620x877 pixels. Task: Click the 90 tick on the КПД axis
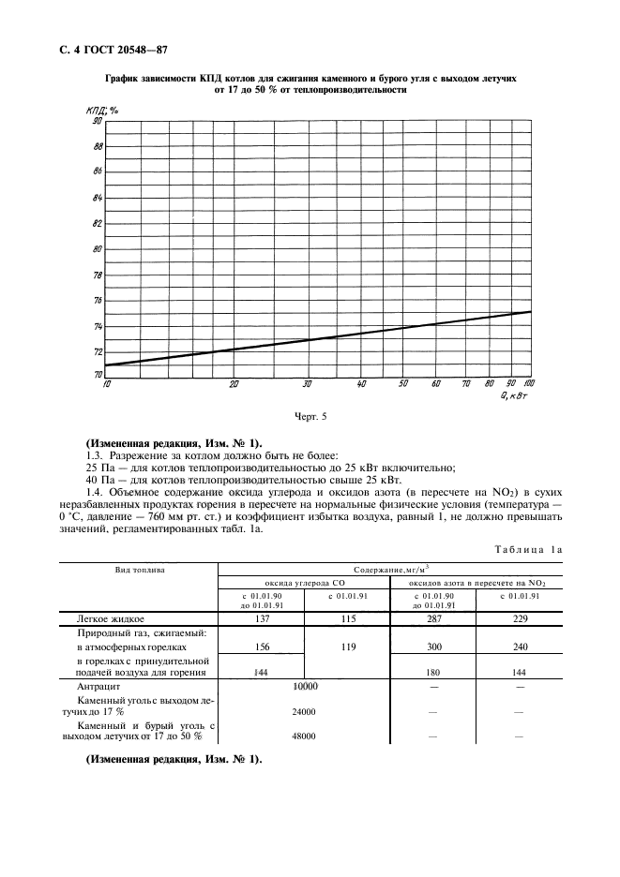(96, 121)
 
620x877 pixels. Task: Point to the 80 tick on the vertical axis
(96, 249)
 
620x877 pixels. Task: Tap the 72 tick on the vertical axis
(96, 351)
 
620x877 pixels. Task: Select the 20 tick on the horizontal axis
(234, 384)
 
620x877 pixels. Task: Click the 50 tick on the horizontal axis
(402, 384)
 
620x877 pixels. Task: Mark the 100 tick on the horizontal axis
(529, 384)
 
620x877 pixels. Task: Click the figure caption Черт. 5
(310, 415)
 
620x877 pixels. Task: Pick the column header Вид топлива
(139, 570)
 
